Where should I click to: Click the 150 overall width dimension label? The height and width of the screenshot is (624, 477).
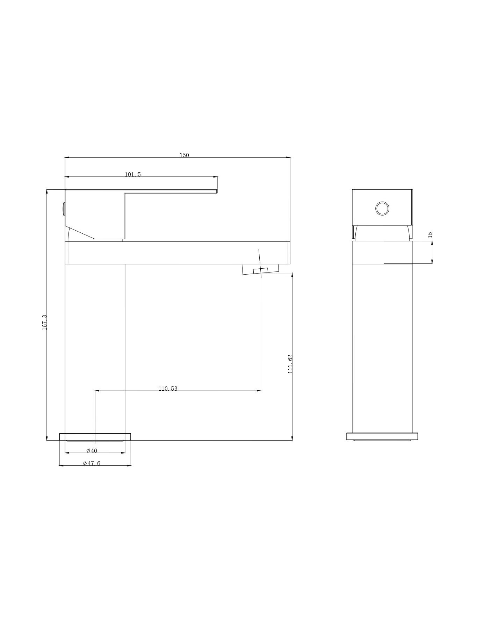tap(184, 155)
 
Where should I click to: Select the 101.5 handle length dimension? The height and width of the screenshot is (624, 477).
tap(133, 174)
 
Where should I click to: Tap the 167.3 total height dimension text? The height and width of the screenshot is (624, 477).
tap(44, 322)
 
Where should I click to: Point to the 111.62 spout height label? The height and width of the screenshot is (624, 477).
tap(290, 364)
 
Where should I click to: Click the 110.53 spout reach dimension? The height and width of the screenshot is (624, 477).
tap(168, 389)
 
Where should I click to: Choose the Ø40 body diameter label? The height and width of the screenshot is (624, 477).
tap(92, 451)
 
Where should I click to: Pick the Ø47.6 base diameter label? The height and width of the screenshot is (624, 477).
tap(92, 463)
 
